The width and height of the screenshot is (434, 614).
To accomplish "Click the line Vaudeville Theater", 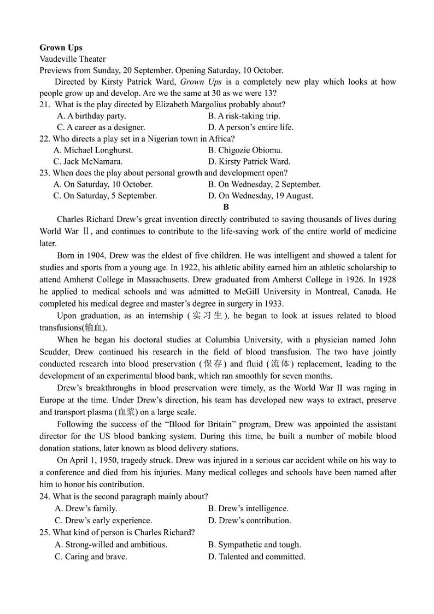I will click(73, 59).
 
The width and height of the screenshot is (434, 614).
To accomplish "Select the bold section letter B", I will click(226, 207).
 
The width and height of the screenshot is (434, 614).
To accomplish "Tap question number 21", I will click(45, 104).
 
